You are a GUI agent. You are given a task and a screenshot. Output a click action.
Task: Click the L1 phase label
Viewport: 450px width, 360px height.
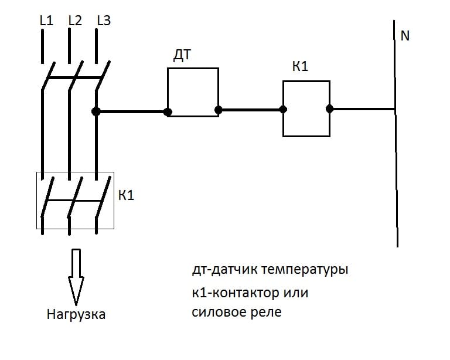[x=46, y=21]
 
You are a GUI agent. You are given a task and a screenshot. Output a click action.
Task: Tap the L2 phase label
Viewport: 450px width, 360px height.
[x=75, y=21]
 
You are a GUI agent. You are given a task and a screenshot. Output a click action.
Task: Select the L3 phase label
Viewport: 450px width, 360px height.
[x=103, y=21]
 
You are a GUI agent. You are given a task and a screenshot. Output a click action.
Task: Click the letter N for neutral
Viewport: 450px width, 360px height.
[x=405, y=36]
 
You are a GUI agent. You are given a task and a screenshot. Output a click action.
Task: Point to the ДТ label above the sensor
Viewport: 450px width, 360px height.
[x=183, y=56]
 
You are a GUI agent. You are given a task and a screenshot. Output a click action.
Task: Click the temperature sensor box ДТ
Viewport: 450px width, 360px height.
[x=193, y=92]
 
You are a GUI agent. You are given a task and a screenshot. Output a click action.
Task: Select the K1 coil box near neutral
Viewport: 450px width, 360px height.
[x=306, y=108]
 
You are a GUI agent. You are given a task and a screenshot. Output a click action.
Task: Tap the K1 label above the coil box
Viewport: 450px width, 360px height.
[x=301, y=67]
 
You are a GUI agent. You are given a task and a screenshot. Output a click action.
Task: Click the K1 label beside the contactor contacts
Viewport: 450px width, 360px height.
[x=127, y=195]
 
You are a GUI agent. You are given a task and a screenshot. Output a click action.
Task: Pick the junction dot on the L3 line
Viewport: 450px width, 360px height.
[x=96, y=111]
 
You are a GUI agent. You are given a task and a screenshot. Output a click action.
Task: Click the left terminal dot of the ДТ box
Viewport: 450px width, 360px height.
[x=168, y=111]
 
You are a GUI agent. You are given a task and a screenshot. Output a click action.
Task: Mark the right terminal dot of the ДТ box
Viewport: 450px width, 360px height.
[x=218, y=109]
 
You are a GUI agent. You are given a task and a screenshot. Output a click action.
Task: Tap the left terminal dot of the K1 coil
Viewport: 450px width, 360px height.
[x=283, y=109]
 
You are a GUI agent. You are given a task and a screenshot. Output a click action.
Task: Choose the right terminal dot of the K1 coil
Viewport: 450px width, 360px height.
[x=329, y=108]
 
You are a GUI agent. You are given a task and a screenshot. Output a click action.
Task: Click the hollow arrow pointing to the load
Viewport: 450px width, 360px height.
[x=76, y=275]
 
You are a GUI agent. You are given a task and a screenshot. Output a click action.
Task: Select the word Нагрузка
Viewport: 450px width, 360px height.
[x=76, y=315]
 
